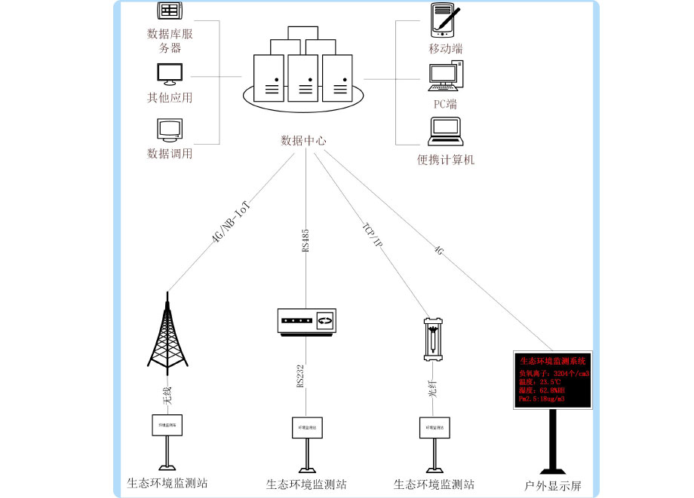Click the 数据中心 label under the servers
303,140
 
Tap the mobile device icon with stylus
445,20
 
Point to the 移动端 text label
445,49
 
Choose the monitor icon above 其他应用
169,74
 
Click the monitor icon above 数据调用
169,130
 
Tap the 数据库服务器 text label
170,41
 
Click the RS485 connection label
306,240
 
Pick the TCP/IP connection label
373,236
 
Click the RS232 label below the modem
301,377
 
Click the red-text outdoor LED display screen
554,380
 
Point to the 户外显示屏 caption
553,486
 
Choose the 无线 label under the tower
168,396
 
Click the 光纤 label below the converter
434,393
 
